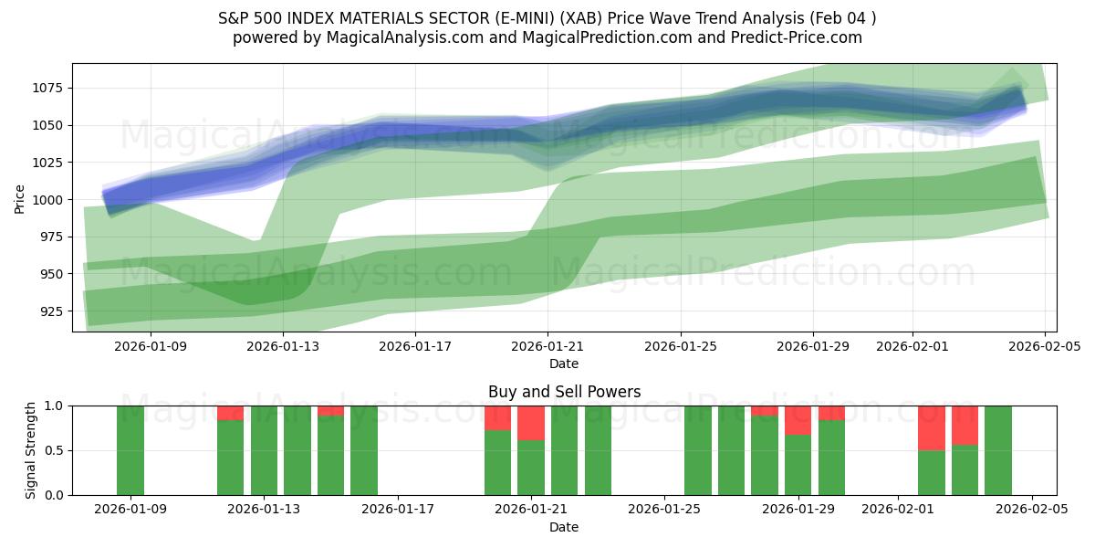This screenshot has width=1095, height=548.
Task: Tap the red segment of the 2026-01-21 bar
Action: click(531, 423)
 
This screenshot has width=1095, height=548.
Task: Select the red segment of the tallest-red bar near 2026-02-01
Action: click(932, 427)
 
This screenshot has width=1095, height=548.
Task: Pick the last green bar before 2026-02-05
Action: click(998, 450)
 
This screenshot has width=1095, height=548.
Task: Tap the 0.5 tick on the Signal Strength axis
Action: click(56, 450)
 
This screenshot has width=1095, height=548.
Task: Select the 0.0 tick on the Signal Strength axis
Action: click(56, 495)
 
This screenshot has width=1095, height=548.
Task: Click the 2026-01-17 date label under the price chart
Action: click(415, 346)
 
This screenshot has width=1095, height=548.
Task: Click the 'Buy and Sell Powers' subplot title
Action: click(564, 392)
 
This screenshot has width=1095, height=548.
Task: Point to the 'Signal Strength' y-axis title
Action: click(31, 450)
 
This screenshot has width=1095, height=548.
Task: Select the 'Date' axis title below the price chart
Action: click(564, 364)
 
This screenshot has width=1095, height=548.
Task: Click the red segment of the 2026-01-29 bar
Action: click(798, 420)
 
